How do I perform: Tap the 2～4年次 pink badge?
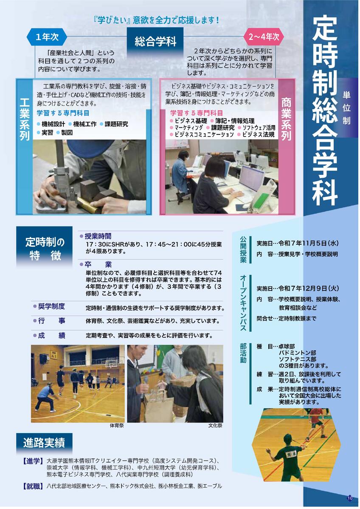point(264,37)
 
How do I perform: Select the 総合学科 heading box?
point(155,41)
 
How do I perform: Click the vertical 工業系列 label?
point(24,119)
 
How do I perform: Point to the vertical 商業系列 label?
point(287,119)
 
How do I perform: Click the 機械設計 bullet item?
point(53,124)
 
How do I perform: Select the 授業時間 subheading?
point(98,236)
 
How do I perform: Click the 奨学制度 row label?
point(51,306)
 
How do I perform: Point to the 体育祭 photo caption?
point(116,425)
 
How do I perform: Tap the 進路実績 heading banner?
point(44,444)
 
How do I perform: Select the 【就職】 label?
point(33,486)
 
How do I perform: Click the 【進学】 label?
point(33,461)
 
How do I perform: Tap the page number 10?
point(350,498)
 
